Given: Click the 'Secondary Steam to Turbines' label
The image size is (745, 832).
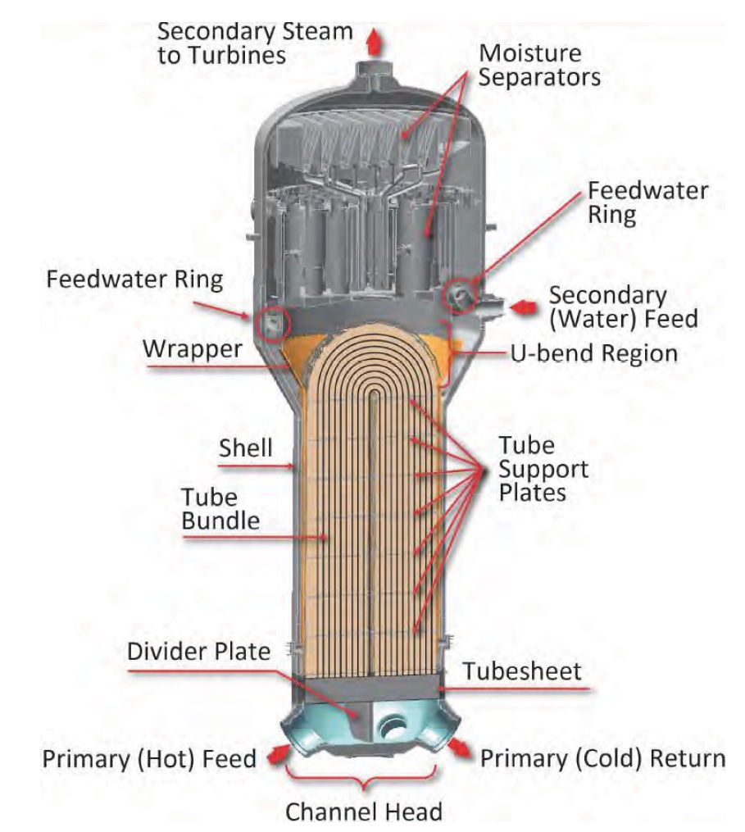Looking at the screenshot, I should [x=255, y=43].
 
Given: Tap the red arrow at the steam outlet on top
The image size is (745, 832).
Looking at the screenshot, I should [x=376, y=39].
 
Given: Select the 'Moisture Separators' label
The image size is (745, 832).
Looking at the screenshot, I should [x=540, y=65].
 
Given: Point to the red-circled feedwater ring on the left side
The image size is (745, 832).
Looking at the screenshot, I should [x=270, y=325].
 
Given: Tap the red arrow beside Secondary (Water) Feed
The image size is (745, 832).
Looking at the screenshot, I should [x=521, y=307].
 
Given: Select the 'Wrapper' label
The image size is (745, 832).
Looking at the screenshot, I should [x=193, y=348].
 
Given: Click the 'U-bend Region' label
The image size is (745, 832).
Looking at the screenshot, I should [x=596, y=353].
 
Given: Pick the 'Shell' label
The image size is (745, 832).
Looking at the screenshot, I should [x=245, y=448].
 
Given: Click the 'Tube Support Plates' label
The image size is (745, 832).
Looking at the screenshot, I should [x=543, y=470].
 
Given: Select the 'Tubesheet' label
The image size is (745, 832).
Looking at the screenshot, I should [x=522, y=671].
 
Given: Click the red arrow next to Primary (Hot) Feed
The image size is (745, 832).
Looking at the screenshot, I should [x=277, y=753].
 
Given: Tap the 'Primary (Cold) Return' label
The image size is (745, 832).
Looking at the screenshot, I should [x=602, y=758].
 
